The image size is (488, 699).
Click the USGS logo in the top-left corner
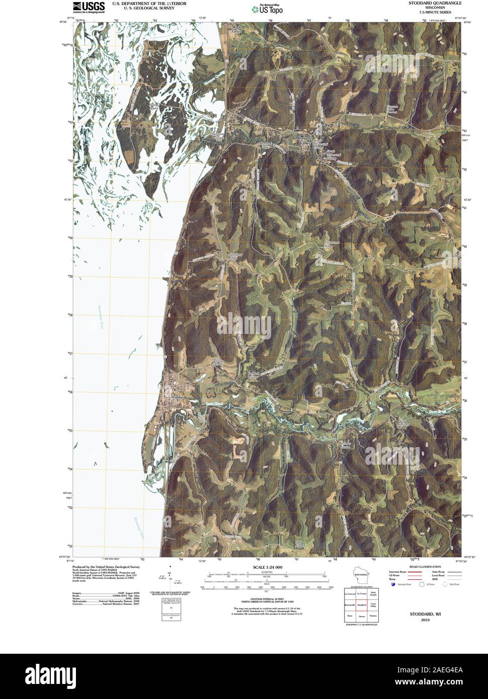[x=89, y=7]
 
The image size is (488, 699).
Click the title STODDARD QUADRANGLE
[x=430, y=3]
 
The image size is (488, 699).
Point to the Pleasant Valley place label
[x=303, y=140]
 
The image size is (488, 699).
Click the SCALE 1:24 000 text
[x=265, y=567]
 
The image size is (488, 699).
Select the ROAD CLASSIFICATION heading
[x=422, y=567]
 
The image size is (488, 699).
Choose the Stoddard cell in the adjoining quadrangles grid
[x=361, y=604]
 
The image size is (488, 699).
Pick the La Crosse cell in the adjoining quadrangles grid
[x=361, y=594]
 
